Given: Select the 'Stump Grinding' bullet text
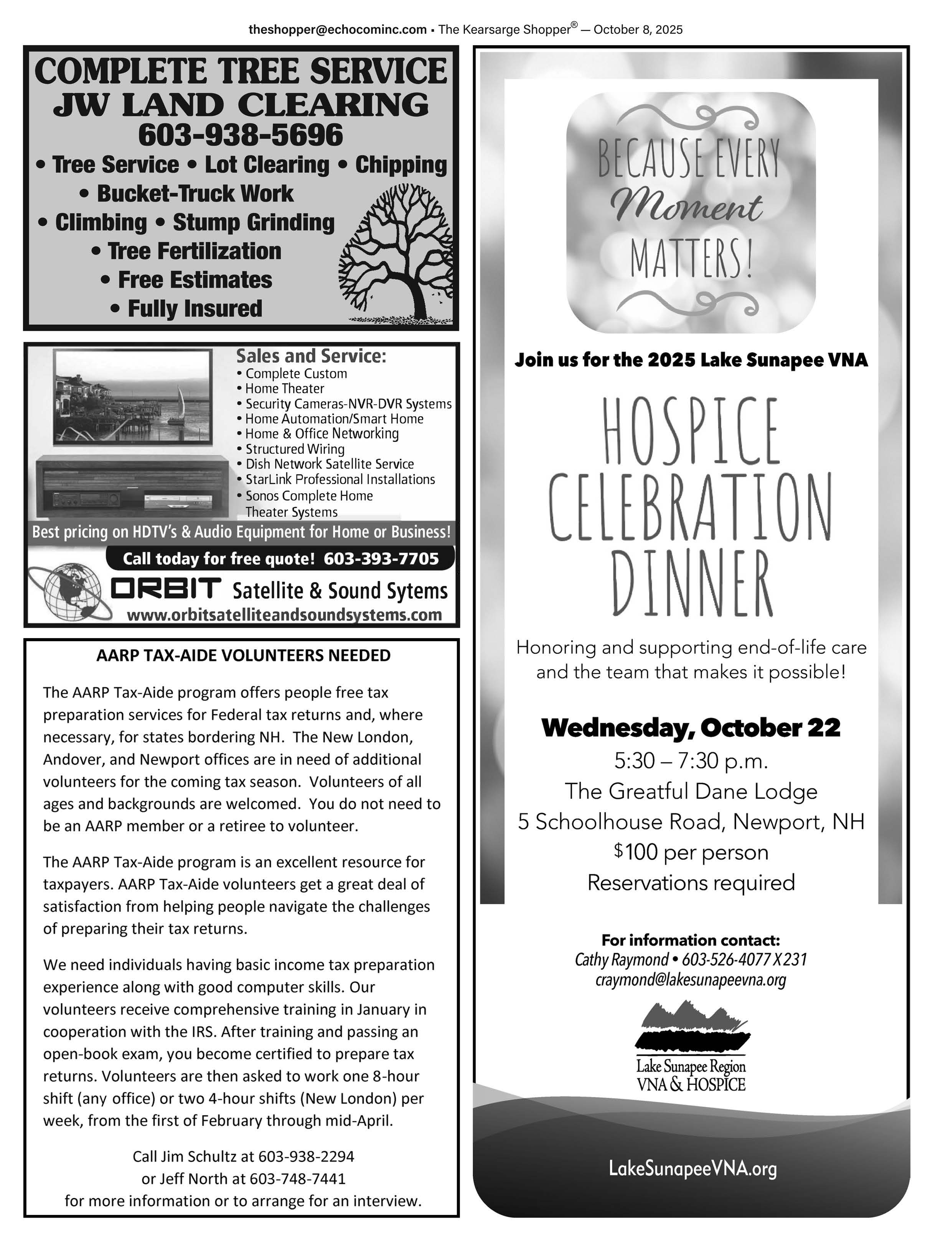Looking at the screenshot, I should pos(253,222).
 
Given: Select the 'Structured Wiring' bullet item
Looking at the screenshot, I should pos(295,449).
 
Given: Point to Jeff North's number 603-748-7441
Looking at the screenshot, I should pos(297,1179).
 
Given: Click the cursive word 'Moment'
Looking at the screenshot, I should pos(688,208).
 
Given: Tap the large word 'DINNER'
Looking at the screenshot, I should pos(691,583).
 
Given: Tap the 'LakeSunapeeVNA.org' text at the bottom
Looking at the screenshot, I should pos(693,1169).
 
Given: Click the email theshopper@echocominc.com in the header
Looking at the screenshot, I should pos(337,30).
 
